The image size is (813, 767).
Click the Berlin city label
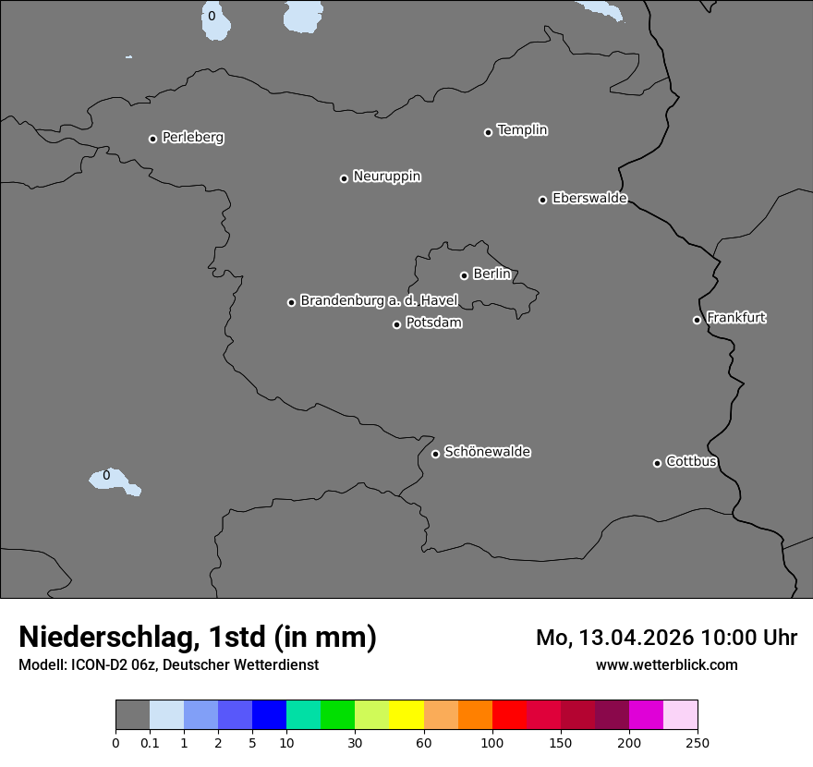tap(491, 274)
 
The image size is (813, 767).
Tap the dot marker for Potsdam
tap(396, 324)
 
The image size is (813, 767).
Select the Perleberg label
tap(192, 138)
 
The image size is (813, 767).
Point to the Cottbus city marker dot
tap(657, 463)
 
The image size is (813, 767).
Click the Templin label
tap(522, 130)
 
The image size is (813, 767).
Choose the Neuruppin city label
tap(386, 177)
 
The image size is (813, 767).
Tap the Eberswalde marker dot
tap(542, 200)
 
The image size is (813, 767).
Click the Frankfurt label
tap(736, 318)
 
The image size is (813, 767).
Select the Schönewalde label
tap(487, 452)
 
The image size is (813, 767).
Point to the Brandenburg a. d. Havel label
tap(379, 300)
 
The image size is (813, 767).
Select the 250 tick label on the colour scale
tap(698, 743)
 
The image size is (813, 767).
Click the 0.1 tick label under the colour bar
tap(150, 743)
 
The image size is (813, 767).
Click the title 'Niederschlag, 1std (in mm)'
tap(198, 637)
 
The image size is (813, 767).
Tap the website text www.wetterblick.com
tap(666, 664)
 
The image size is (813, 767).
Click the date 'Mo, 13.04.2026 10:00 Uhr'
tap(666, 638)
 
